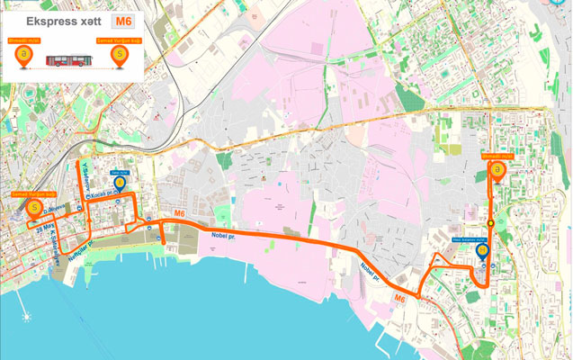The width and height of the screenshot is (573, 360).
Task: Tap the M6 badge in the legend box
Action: click(120, 20)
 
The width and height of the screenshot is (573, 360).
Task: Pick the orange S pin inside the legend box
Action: click(118, 56)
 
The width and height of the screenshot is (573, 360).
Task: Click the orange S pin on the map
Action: click(33, 210)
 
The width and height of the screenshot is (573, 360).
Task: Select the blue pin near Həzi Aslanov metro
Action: click(482, 251)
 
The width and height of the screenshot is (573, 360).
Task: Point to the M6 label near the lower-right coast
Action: click(399, 298)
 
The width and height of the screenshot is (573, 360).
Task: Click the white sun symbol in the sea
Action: click(28, 317)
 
